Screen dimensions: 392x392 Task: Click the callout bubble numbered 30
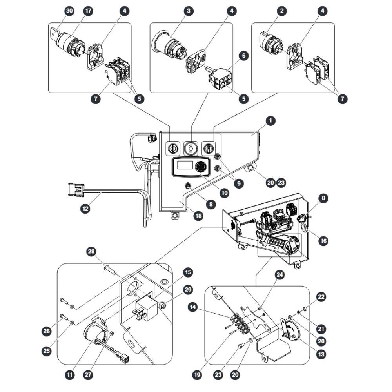69,11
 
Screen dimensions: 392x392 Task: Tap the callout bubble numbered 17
88,11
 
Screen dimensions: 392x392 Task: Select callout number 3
189,11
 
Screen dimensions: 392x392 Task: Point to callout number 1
270,121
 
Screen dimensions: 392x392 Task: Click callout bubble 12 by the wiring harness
85,208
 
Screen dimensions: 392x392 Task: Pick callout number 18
198,216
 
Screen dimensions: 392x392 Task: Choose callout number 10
225,193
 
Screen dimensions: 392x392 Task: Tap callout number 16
323,241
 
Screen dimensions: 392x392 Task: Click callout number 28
91,251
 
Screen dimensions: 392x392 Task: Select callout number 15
188,272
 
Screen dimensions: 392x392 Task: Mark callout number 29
188,290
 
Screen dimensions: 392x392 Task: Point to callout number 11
70,374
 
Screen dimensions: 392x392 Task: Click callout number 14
193,307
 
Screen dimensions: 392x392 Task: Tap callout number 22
321,297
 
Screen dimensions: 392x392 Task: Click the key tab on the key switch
55,33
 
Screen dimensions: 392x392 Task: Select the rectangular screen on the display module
185,165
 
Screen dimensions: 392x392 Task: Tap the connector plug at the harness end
76,190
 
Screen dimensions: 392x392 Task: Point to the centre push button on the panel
191,149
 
